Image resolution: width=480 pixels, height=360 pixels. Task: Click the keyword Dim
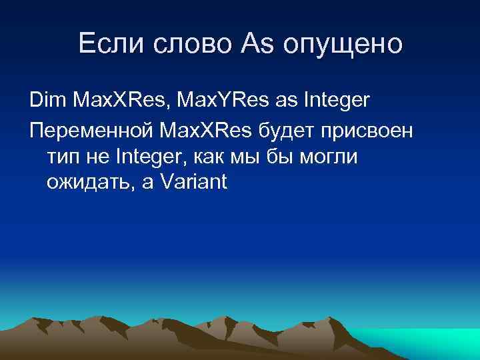click(47, 102)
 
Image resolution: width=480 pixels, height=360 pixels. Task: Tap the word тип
click(63, 157)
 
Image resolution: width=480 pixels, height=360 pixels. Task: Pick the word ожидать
click(89, 183)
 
